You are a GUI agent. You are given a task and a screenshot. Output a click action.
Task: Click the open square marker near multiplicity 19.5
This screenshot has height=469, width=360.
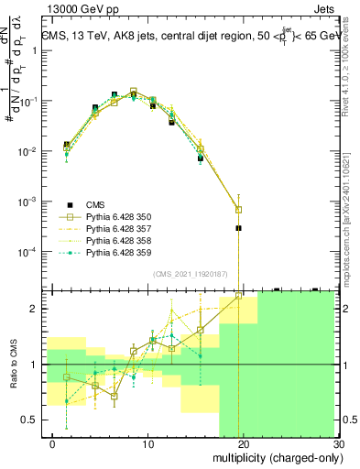(x=238, y=210)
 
